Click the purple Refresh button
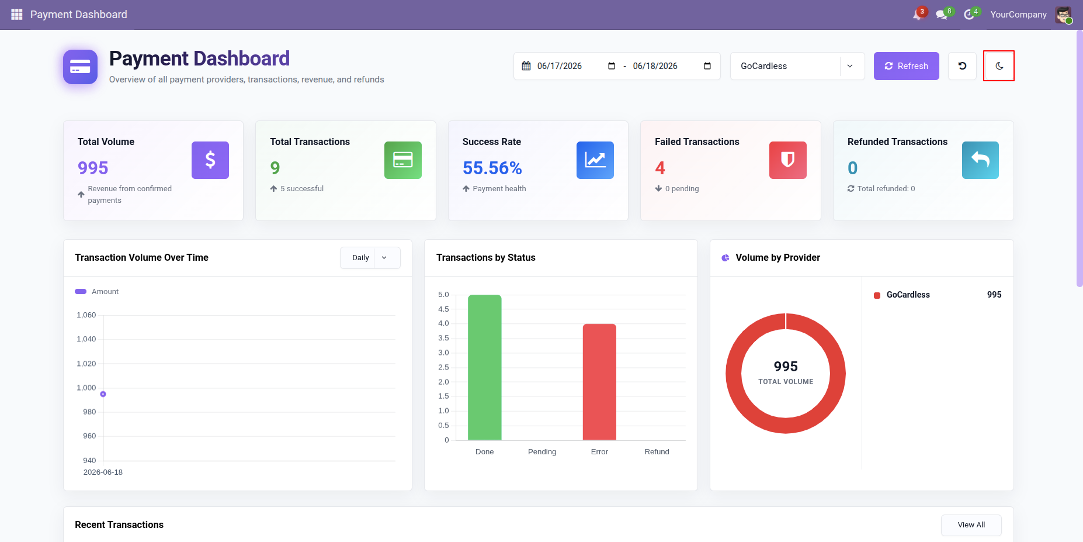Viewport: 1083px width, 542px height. (906, 66)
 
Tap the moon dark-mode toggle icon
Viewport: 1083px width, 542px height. (999, 66)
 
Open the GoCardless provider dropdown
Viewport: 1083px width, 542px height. (797, 66)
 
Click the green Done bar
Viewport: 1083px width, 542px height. (485, 367)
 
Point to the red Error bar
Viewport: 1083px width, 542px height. (599, 382)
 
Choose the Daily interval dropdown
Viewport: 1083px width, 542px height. (370, 258)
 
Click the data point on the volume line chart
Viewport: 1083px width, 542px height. (103, 394)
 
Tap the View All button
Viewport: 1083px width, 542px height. (971, 525)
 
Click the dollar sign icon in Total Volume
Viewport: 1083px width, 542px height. (210, 160)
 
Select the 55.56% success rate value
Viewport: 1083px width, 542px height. (492, 168)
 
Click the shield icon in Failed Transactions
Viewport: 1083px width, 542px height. (788, 160)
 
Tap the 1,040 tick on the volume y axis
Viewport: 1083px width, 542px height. (86, 339)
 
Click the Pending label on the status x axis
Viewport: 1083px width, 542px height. (542, 452)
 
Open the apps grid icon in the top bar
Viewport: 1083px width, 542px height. (16, 14)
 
